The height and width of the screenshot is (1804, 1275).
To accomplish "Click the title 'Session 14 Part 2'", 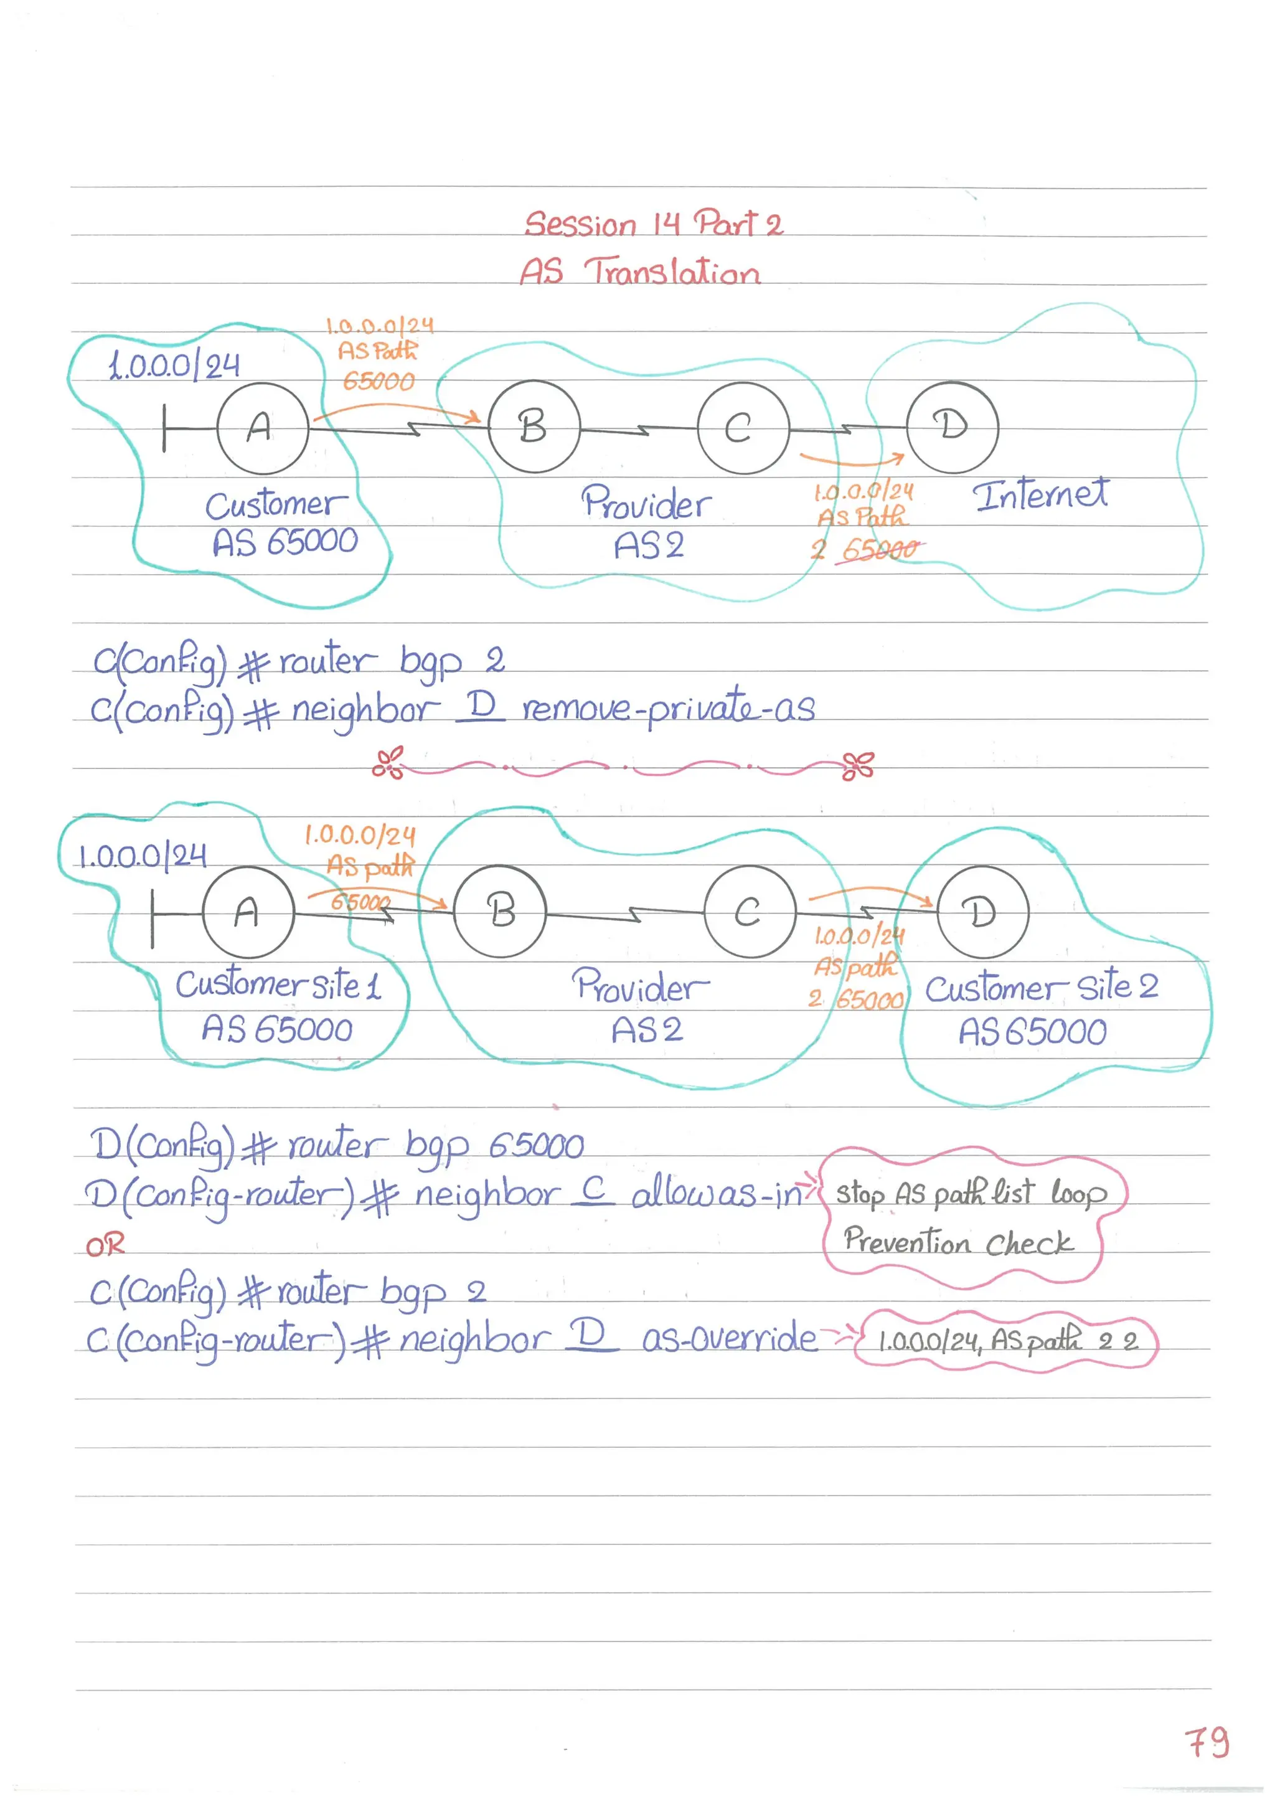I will [654, 224].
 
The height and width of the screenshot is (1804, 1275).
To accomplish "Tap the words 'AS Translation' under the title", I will [639, 272].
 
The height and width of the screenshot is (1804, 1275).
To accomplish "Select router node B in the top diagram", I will [534, 427].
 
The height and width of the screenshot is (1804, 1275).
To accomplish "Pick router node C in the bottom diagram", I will [750, 912].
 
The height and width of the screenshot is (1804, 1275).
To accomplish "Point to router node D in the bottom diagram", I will [982, 912].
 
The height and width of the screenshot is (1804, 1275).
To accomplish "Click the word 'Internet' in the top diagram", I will [1040, 495].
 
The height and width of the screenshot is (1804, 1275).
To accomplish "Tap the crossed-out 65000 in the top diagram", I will [880, 549].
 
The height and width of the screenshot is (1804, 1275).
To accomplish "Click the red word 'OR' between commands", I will [105, 1245].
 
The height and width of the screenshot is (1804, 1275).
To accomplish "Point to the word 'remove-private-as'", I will [669, 708].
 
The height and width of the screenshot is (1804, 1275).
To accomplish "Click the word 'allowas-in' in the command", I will [717, 1194].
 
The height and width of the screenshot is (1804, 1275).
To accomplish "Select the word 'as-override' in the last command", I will [730, 1338].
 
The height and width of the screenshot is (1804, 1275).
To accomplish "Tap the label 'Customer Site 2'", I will [1041, 987].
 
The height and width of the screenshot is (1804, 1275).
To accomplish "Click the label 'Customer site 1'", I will [278, 985].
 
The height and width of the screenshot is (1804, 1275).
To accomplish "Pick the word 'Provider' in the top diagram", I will [646, 503].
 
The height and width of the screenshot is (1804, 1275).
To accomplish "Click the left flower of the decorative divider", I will [388, 762].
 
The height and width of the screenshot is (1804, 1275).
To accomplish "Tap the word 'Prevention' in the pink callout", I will [906, 1242].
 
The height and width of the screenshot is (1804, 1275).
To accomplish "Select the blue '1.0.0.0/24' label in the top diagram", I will [174, 366].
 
